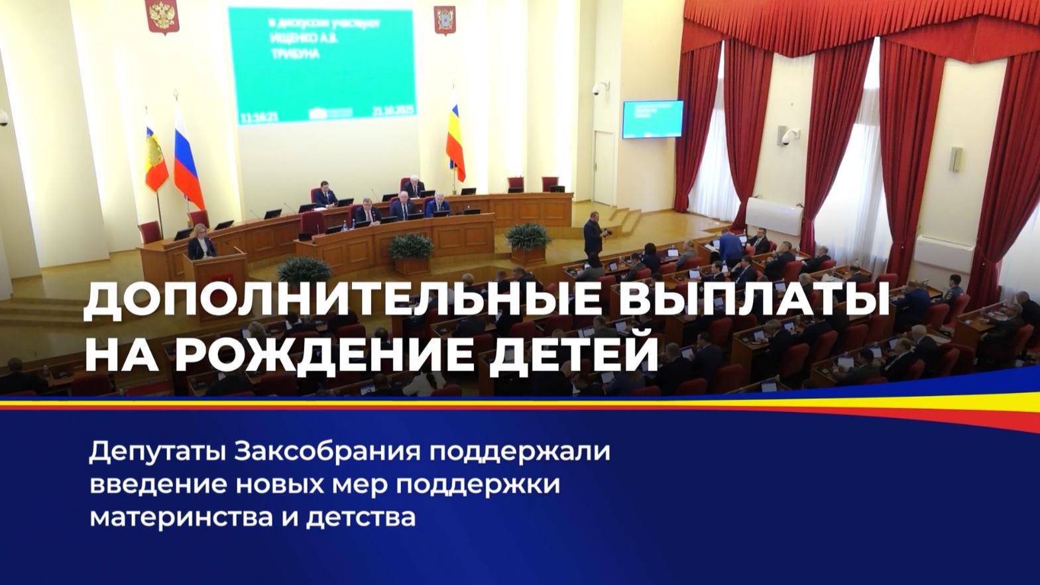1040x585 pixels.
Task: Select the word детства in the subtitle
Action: (361, 515)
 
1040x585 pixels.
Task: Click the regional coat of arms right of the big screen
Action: (444, 19)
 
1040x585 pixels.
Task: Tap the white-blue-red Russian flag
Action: (188, 162)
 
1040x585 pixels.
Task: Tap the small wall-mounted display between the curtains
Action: (652, 119)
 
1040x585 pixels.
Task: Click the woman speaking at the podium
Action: (201, 245)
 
